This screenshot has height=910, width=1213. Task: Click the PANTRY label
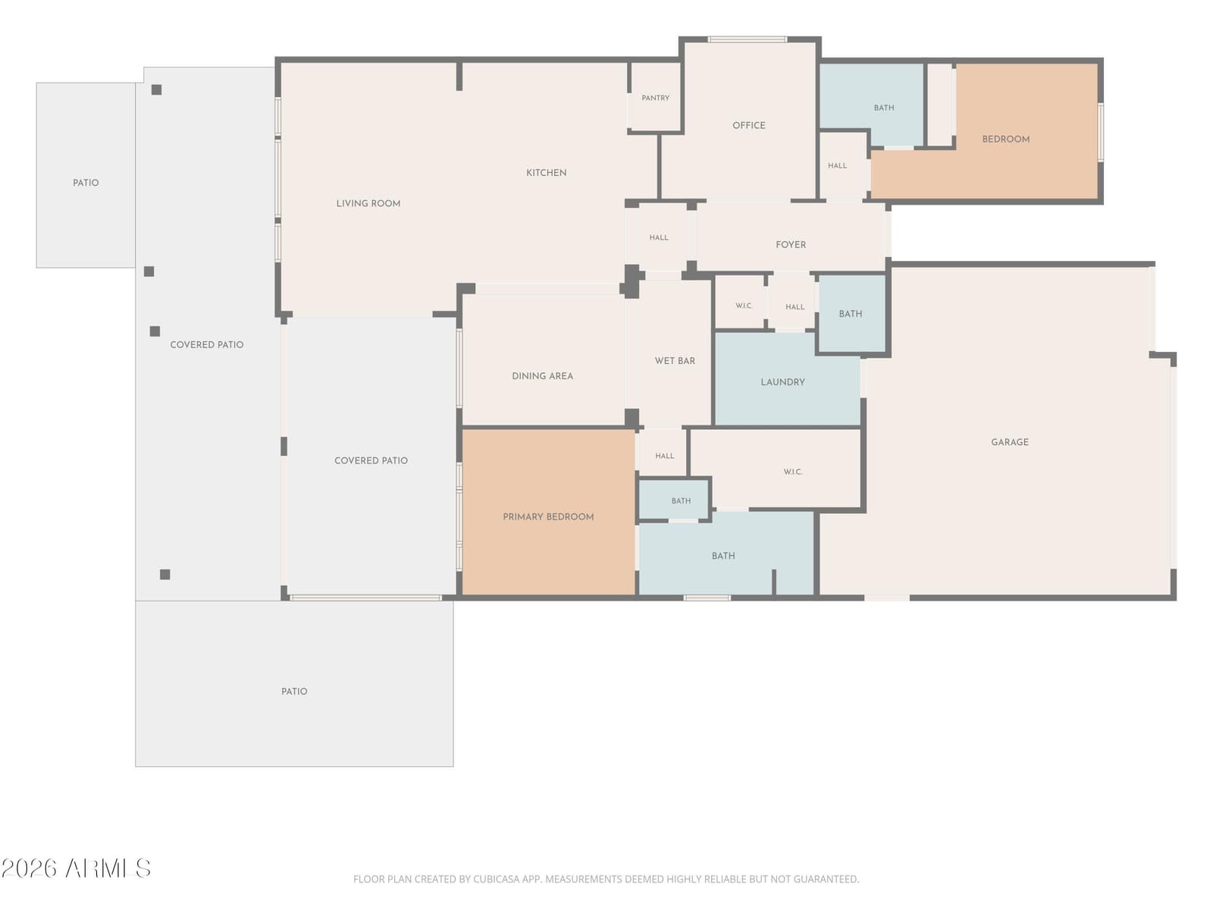tap(656, 98)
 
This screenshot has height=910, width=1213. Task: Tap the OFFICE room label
tap(749, 125)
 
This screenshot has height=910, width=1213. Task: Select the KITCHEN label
tap(546, 173)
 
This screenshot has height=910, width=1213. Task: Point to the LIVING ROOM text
tap(368, 203)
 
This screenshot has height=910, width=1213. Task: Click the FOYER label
tap(790, 245)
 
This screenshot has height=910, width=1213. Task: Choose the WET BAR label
tap(675, 361)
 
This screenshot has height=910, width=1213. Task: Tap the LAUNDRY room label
tap(782, 382)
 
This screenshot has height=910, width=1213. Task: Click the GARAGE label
tap(1010, 442)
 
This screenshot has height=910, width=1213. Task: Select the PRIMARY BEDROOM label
tap(548, 516)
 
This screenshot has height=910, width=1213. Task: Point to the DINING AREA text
tap(542, 375)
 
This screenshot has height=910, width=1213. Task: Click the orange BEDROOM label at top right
tap(1006, 140)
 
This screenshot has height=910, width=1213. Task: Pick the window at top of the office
tap(748, 39)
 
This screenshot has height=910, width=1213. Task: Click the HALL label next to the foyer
tap(659, 237)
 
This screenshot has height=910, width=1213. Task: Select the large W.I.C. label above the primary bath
tap(792, 472)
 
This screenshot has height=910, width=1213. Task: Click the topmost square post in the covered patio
tap(156, 89)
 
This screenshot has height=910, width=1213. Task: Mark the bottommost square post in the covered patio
tap(165, 575)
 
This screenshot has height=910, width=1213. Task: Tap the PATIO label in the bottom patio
tap(294, 691)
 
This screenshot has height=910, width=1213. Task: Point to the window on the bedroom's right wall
tap(1100, 132)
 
